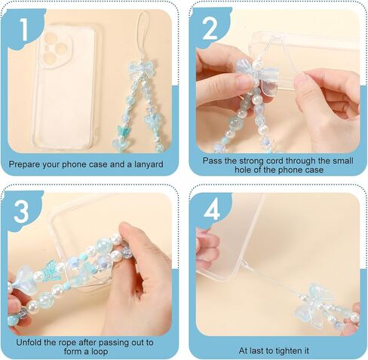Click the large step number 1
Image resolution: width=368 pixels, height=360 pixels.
tap(24, 29)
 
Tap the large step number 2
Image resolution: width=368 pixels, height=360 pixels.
tap(210, 29)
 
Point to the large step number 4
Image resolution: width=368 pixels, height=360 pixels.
tap(212, 210)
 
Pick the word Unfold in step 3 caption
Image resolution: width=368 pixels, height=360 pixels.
tap(29, 343)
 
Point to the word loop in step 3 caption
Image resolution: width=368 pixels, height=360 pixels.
tap(100, 352)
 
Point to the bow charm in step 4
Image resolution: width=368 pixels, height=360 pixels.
tap(314, 304)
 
